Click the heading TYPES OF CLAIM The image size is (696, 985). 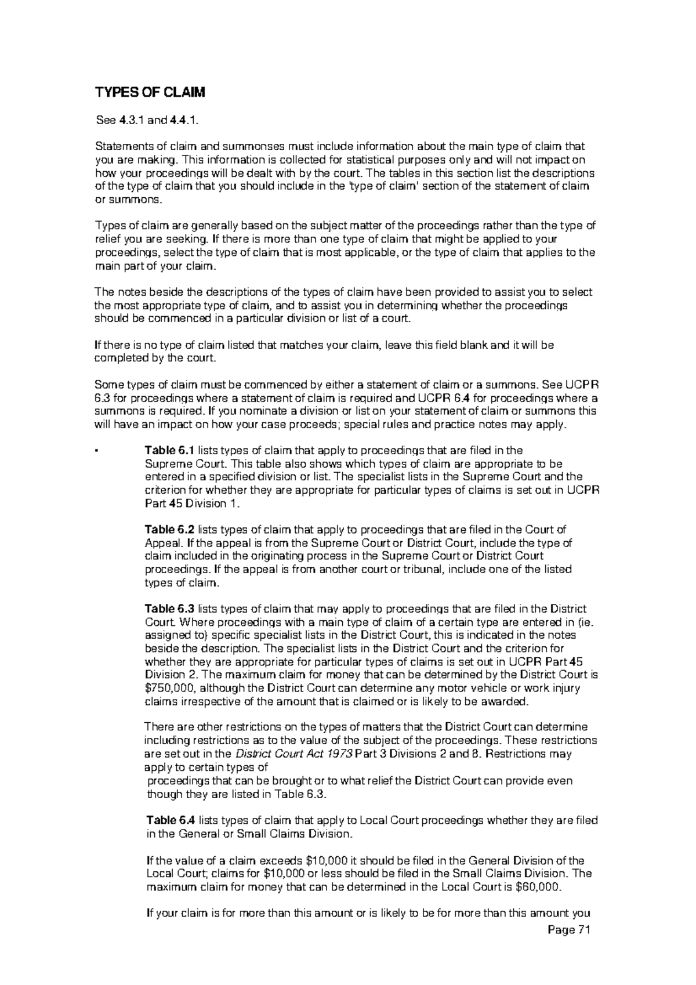(x=150, y=93)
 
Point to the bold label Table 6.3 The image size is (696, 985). (x=170, y=609)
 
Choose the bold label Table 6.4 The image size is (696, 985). (x=172, y=820)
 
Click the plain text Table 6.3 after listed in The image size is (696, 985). (x=304, y=794)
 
